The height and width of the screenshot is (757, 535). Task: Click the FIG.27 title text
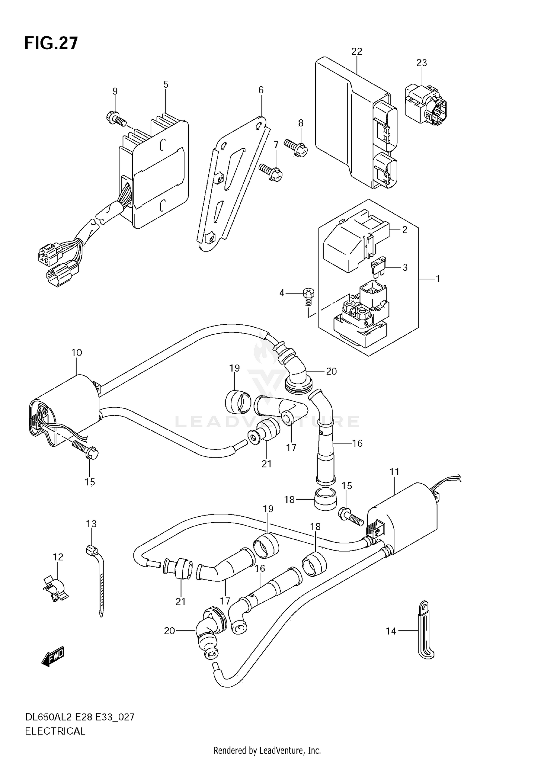pos(51,43)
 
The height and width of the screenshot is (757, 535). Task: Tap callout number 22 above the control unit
pos(356,52)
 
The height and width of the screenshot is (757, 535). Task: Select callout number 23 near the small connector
pos(421,63)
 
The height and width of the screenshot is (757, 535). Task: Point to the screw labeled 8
pos(296,147)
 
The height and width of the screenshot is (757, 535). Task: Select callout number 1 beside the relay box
pos(438,279)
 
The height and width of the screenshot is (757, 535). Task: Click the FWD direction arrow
pos(53,656)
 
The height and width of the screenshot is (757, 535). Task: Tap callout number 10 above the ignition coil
pos(76,353)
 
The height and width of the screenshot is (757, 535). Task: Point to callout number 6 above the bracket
pos(261,90)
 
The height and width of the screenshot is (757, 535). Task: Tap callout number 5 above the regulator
pos(165,85)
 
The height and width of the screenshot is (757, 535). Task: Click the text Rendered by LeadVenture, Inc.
pos(267,751)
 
